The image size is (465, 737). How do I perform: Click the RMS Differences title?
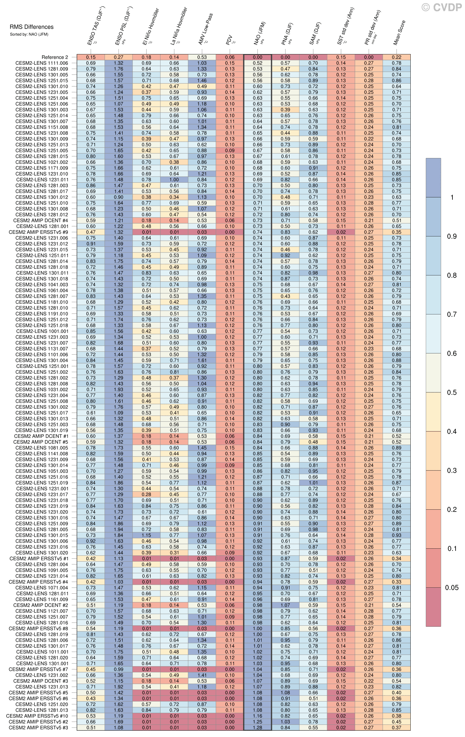pyautogui.click(x=31, y=27)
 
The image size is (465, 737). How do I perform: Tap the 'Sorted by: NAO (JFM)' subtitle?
pyautogui.click(x=29, y=34)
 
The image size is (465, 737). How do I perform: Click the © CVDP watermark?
pyautogui.click(x=441, y=8)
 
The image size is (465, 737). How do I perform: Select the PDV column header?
pyautogui.click(x=229, y=40)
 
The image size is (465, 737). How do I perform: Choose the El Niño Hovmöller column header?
pyautogui.click(x=151, y=26)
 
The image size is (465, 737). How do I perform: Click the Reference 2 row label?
pyautogui.click(x=55, y=57)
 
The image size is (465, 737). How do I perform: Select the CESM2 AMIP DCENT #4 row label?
pyautogui.click(x=41, y=220)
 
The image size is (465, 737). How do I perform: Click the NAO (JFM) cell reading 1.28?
pyautogui.click(x=257, y=728)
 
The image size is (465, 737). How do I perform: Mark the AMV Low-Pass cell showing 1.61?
pyautogui.click(x=202, y=360)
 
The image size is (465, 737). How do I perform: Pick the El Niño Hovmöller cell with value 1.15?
pyautogui.click(x=146, y=535)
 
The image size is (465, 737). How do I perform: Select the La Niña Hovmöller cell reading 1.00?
pyautogui.click(x=174, y=180)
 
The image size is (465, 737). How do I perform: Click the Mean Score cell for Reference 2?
pyautogui.click(x=396, y=57)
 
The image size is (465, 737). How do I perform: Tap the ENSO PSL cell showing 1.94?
pyautogui.click(x=118, y=529)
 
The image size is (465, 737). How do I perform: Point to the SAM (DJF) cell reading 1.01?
pyautogui.click(x=313, y=483)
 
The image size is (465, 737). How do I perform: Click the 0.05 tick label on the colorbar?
pyautogui.click(x=452, y=588)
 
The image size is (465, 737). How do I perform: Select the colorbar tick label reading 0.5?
pyautogui.click(x=452, y=392)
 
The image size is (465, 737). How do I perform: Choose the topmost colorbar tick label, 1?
pyautogui.click(x=452, y=197)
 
